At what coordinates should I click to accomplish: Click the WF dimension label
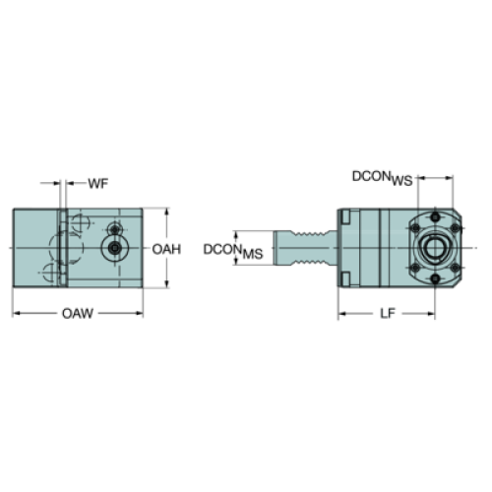(97, 183)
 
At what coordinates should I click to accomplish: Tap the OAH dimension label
(166, 250)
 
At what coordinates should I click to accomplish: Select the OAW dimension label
(78, 314)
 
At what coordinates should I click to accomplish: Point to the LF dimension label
(388, 314)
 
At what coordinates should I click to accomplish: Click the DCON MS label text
(233, 251)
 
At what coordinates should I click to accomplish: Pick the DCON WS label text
(383, 178)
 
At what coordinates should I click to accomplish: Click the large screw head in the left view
(114, 248)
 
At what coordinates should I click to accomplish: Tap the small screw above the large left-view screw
(114, 229)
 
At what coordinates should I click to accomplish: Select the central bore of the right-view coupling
(435, 248)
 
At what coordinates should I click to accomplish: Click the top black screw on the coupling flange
(435, 216)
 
